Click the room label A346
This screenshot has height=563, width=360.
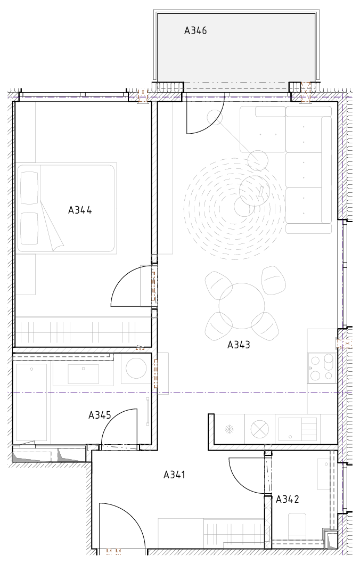[x=195, y=31]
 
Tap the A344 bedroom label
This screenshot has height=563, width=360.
[x=80, y=210]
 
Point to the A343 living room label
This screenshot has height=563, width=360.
[x=239, y=345]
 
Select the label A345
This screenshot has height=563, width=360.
[x=100, y=415]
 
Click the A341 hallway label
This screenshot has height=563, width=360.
[x=175, y=475]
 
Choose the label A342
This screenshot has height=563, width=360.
[x=288, y=499]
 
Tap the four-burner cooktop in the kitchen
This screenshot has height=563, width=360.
[x=322, y=368]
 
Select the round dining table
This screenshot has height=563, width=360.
[x=242, y=306]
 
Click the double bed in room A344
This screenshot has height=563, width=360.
[x=66, y=208]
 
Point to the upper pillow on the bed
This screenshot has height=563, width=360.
[x=29, y=188]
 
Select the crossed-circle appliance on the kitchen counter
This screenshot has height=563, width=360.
[x=259, y=429]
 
